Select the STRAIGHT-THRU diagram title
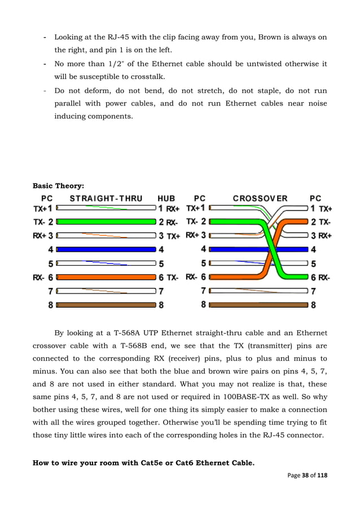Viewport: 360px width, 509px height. (x=106, y=199)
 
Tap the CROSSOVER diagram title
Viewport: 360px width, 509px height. (x=260, y=199)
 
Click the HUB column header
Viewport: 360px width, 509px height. (x=166, y=199)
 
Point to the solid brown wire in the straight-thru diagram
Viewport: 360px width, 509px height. (x=106, y=305)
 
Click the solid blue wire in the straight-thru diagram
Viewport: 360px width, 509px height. (x=106, y=249)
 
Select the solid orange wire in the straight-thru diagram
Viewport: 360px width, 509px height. (x=106, y=277)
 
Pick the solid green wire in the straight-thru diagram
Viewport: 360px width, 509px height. (x=106, y=222)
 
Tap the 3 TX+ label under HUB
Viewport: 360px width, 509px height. (x=169, y=236)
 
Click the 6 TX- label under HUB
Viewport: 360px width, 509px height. (x=169, y=278)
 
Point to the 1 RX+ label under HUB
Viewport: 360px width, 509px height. (x=169, y=208)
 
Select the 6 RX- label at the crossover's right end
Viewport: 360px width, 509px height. (x=320, y=278)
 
